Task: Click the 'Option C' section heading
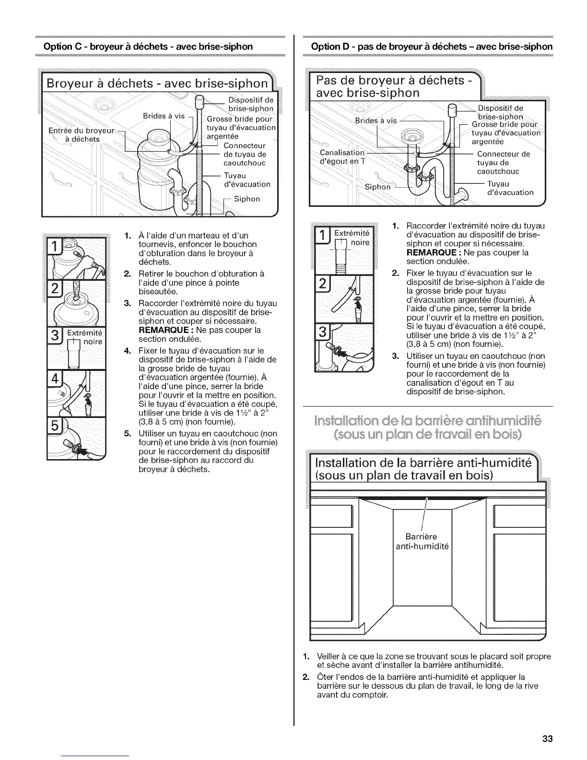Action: click(148, 47)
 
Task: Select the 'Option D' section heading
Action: click(432, 47)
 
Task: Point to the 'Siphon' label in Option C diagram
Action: click(247, 199)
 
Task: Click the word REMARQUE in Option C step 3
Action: click(161, 330)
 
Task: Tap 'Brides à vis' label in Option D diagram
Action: click(376, 120)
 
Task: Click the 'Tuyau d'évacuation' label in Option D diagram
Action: click(509, 188)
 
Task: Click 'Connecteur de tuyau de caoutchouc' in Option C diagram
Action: click(245, 154)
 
